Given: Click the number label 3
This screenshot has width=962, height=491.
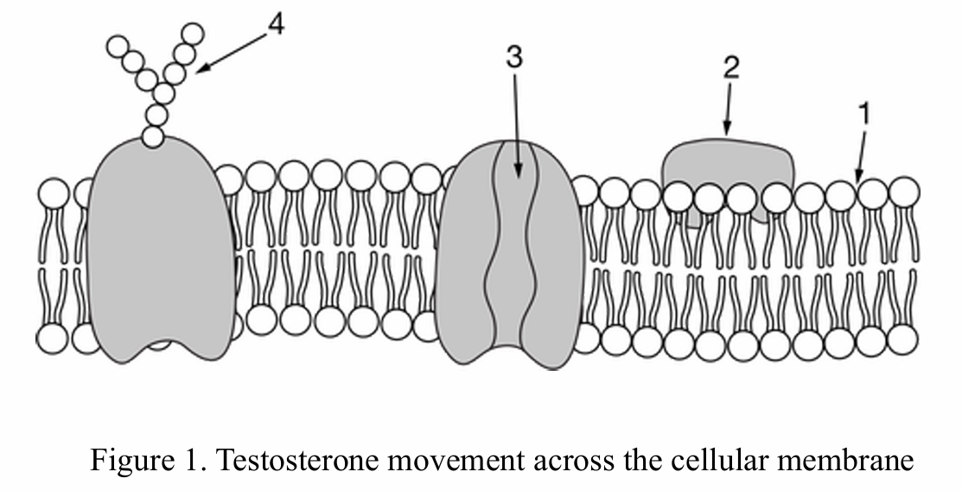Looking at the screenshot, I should click(x=513, y=57).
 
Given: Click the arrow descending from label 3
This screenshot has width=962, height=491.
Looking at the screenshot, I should click(x=515, y=121).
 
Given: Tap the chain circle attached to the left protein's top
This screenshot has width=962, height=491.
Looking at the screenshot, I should click(x=153, y=136).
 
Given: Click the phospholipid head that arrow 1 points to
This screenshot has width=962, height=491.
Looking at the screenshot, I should click(x=871, y=191).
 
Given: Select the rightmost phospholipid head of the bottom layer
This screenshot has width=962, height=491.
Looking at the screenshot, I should click(x=902, y=339).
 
